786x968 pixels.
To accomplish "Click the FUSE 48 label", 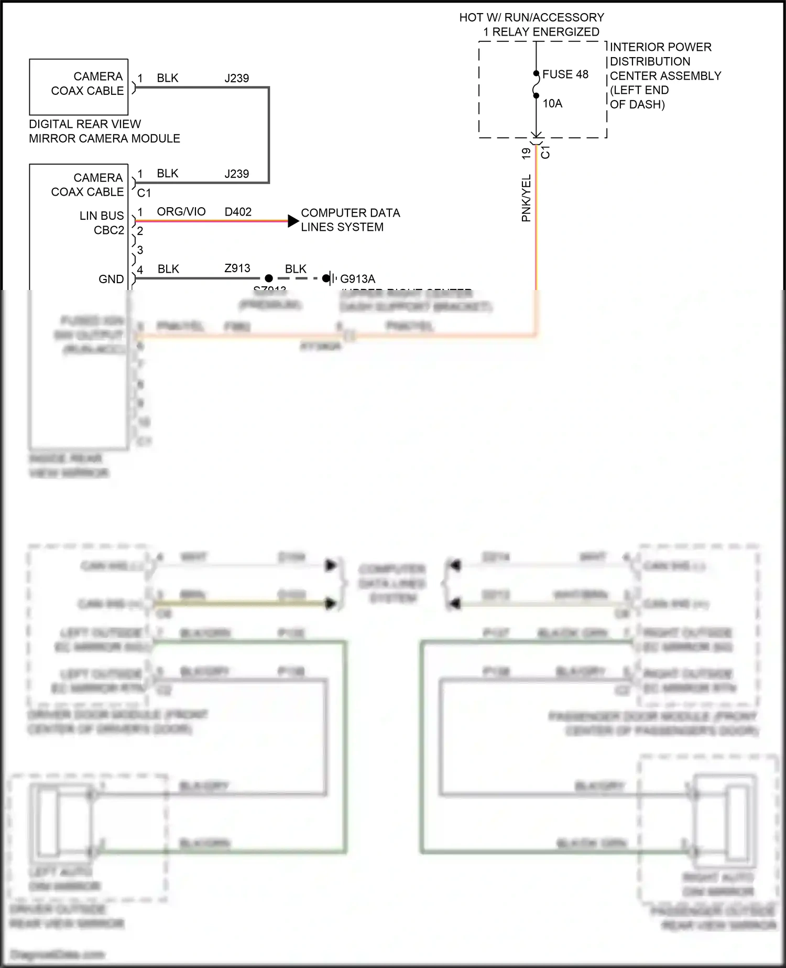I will click(x=565, y=74).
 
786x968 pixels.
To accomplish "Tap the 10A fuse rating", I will click(x=552, y=103).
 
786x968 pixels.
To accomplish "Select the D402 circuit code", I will click(x=238, y=212).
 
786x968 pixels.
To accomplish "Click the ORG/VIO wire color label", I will click(x=181, y=212).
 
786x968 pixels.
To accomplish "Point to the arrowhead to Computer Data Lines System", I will click(x=293, y=221).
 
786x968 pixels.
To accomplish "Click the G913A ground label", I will click(x=357, y=279).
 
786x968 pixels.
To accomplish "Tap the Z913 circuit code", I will click(x=237, y=268).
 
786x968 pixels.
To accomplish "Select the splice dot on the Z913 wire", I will click(x=269, y=278).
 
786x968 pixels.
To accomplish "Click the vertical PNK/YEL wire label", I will click(x=526, y=198).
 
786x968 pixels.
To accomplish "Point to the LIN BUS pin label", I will click(x=102, y=216).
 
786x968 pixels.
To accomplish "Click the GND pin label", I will click(x=111, y=279).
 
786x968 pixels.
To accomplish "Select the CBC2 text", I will click(x=109, y=230).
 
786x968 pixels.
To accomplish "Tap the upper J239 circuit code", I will click(x=237, y=78).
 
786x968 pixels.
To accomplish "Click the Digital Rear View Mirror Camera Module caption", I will click(x=104, y=131).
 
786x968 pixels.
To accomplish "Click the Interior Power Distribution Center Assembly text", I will click(x=664, y=76).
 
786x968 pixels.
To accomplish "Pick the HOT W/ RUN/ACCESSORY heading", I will click(x=532, y=17).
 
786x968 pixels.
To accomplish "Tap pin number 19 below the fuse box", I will click(x=526, y=153).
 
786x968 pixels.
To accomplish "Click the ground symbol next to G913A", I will click(x=328, y=278).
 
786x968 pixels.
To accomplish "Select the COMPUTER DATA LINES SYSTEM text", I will click(x=350, y=220).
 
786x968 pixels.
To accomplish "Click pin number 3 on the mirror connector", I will click(x=140, y=250).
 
